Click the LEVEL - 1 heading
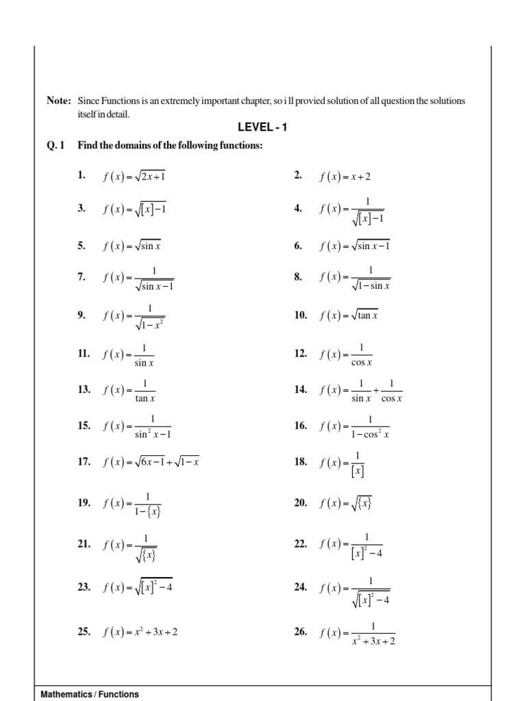tap(262, 127)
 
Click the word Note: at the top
tap(59, 101)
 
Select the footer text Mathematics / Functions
tap(90, 693)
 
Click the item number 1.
tap(82, 176)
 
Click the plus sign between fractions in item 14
tap(375, 390)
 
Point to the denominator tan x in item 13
tap(145, 398)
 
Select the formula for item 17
tap(151, 462)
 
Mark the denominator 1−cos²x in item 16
tap(370, 434)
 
